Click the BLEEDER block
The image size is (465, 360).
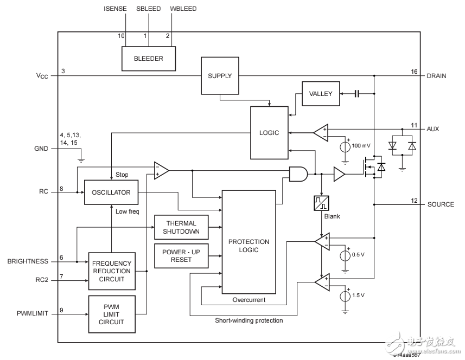pyautogui.click(x=149, y=59)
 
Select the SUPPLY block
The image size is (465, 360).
pyautogui.click(x=220, y=76)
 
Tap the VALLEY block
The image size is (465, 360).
pyautogui.click(x=321, y=94)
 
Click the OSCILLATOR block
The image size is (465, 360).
pyautogui.click(x=111, y=192)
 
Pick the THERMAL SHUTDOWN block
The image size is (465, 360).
pyautogui.click(x=181, y=227)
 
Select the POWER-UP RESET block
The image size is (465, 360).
pyautogui.click(x=181, y=255)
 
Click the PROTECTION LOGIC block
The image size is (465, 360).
pyautogui.click(x=249, y=246)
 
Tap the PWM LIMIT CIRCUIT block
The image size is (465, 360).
pyautogui.click(x=111, y=314)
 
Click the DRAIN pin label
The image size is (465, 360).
pyautogui.click(x=436, y=76)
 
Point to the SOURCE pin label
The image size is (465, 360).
pyautogui.click(x=441, y=204)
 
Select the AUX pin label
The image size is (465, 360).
pyautogui.click(x=433, y=129)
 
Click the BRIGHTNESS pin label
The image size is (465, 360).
pyautogui.click(x=27, y=261)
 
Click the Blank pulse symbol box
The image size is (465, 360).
pyautogui.click(x=322, y=203)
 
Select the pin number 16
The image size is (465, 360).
pyautogui.click(x=414, y=72)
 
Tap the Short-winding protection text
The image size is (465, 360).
pyautogui.click(x=249, y=320)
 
